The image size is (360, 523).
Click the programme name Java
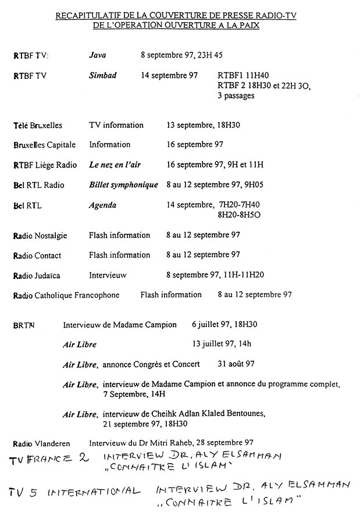[97, 56]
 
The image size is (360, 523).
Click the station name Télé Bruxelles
[38, 126]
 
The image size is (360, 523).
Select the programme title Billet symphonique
[123, 185]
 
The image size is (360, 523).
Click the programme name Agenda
[103, 205]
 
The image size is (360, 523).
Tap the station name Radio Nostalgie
[40, 236]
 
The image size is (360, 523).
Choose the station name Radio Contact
[37, 256]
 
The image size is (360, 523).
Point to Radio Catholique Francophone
[66, 295]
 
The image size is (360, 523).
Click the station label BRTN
[24, 325]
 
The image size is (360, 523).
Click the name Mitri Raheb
[171, 442]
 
